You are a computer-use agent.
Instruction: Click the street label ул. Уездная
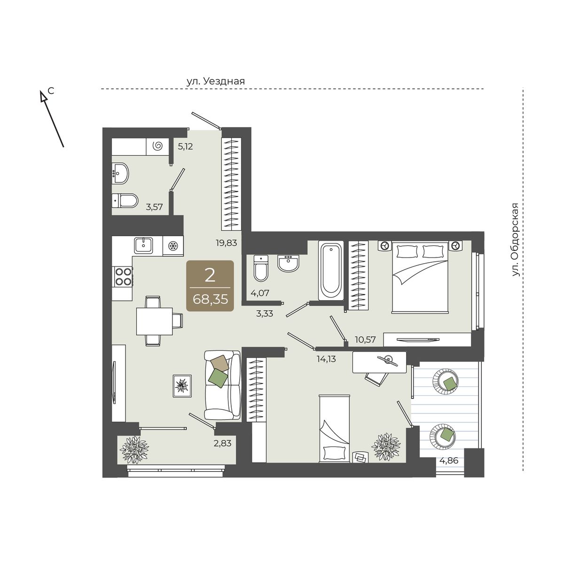[x=215, y=81]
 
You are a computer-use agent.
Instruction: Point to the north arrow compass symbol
[x=52, y=118]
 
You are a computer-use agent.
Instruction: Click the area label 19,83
[x=226, y=243]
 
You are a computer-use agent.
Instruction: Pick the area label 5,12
[x=186, y=146]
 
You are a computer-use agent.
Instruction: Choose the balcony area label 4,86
[x=449, y=461]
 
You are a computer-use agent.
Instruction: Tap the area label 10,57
[x=365, y=339]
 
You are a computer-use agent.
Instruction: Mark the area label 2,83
[x=222, y=443]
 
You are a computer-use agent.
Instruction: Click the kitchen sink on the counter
[x=143, y=245]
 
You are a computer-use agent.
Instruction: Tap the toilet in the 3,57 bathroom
[x=125, y=201]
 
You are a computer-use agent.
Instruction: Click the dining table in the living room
[x=154, y=321]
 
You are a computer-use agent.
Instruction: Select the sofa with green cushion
[x=222, y=385]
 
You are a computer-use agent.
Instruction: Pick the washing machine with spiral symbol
[x=157, y=146]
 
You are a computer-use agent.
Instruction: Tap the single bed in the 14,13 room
[x=335, y=429]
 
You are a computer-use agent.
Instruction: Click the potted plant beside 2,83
[x=134, y=450]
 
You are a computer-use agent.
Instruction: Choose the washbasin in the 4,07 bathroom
[x=289, y=263]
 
